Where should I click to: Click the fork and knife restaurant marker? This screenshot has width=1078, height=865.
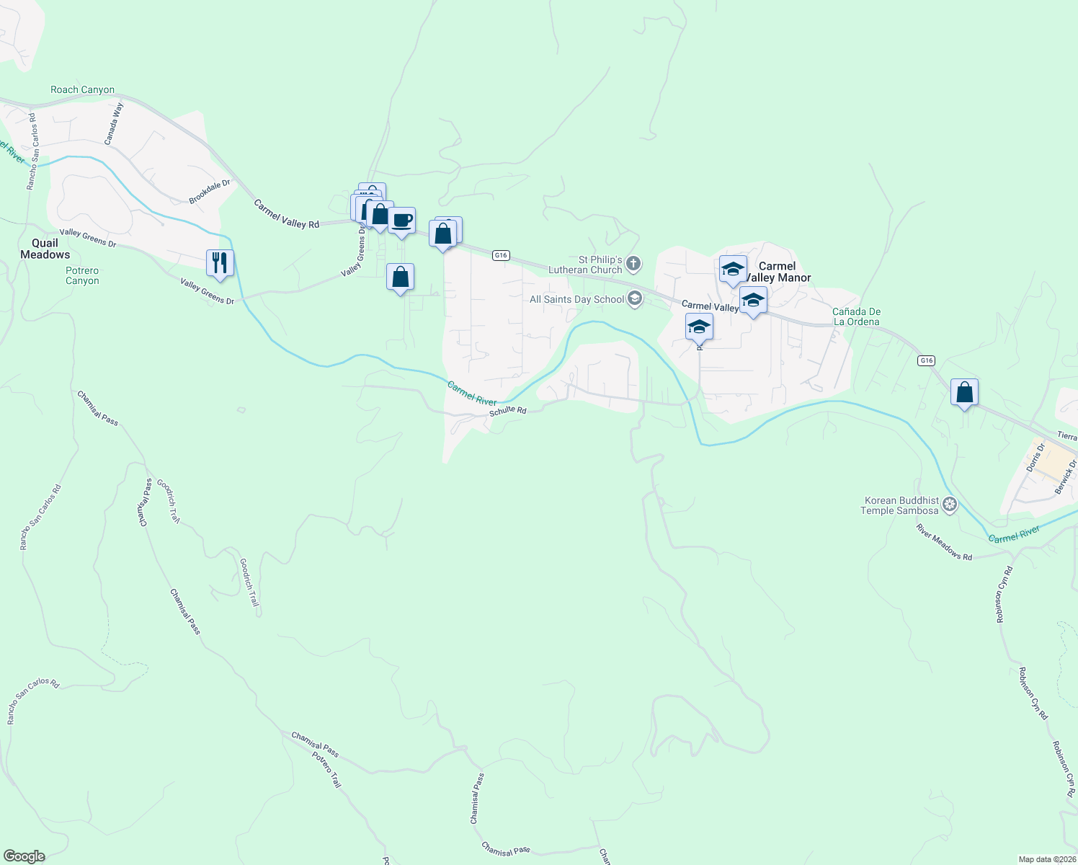click(220, 262)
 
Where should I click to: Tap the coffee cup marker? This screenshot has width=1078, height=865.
click(401, 220)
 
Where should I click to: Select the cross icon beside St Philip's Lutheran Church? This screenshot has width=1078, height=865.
click(633, 264)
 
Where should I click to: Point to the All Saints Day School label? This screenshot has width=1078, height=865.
click(577, 299)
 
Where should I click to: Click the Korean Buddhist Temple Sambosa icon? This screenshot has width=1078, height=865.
click(950, 505)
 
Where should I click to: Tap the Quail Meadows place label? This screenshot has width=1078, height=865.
click(45, 249)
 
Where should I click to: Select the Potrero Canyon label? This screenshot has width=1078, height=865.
click(82, 276)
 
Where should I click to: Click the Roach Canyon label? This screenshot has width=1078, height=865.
click(82, 90)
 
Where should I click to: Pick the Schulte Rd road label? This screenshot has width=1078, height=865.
click(508, 411)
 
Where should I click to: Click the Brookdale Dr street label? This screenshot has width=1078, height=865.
click(210, 192)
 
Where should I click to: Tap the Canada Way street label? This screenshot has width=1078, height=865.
click(114, 123)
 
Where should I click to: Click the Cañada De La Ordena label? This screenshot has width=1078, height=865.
click(856, 316)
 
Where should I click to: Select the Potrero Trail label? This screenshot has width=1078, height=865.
click(326, 769)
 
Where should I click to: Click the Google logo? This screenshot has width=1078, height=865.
click(24, 856)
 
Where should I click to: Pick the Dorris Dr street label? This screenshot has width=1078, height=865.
click(1035, 458)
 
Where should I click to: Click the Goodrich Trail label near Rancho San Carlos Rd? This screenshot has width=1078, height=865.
click(168, 502)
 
